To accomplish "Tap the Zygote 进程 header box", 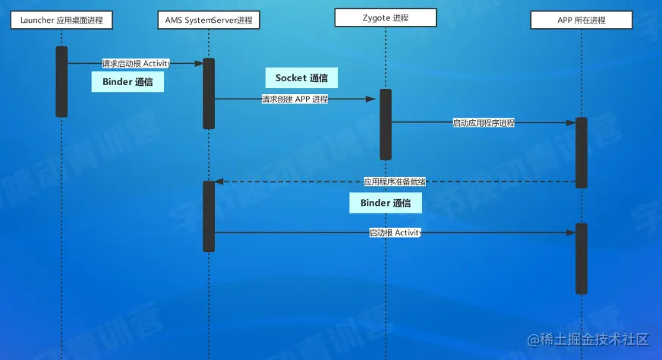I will [385, 18].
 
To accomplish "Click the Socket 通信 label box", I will [301, 77].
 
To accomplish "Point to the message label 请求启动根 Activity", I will [137, 64].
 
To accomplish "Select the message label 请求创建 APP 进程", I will [295, 99].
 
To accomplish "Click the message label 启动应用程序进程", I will [484, 122].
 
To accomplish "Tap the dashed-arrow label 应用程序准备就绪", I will [394, 182].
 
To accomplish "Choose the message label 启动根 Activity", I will [395, 232].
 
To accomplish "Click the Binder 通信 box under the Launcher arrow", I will [128, 83].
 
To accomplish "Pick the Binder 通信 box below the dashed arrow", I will [386, 203].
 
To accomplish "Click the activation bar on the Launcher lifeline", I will [61, 81].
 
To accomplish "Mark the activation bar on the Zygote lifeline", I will [386, 125].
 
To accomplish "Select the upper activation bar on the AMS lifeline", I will [209, 93].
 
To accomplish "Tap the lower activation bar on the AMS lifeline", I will [209, 216].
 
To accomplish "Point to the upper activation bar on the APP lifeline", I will [581, 153].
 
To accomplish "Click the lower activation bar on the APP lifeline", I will [581, 258].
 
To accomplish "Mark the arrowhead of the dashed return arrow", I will [219, 182].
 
